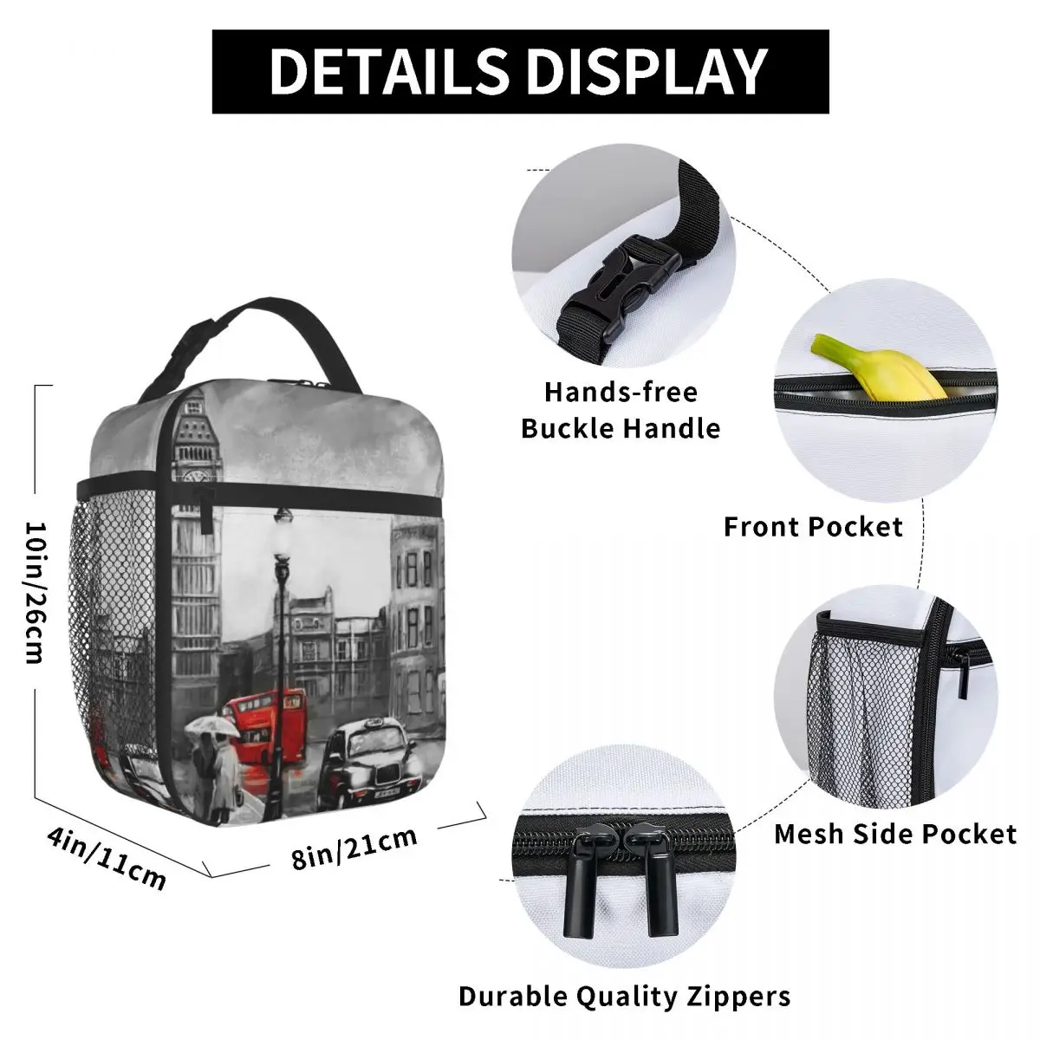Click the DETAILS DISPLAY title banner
[x=520, y=71]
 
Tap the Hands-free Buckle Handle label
[x=621, y=410]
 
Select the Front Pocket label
[x=813, y=526]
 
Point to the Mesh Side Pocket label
[x=894, y=834]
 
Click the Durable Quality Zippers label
[x=624, y=996]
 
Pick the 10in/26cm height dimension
[x=35, y=591]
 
